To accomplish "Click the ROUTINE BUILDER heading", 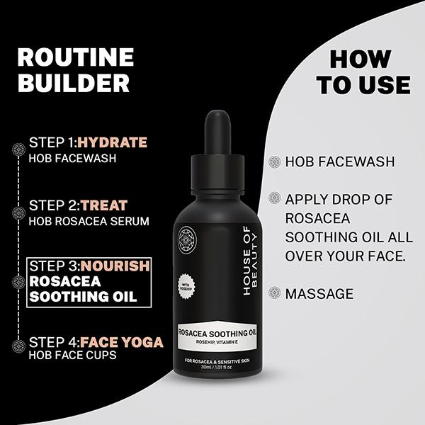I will coord(75,70).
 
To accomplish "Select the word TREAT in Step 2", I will coord(104,205).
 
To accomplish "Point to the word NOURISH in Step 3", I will coord(115,266).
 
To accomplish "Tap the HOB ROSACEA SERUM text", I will coord(89,221).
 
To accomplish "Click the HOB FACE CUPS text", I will coord(72,356).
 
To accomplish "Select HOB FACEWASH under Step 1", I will coord(72,158).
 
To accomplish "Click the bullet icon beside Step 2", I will coord(18,211).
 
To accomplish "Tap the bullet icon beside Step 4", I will coord(18,346).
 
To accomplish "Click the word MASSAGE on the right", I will coord(319,293).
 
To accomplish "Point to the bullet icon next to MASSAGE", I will coord(273,293).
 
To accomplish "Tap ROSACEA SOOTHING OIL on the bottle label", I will coord(220,331).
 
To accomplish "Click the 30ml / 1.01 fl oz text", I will coord(220,369).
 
